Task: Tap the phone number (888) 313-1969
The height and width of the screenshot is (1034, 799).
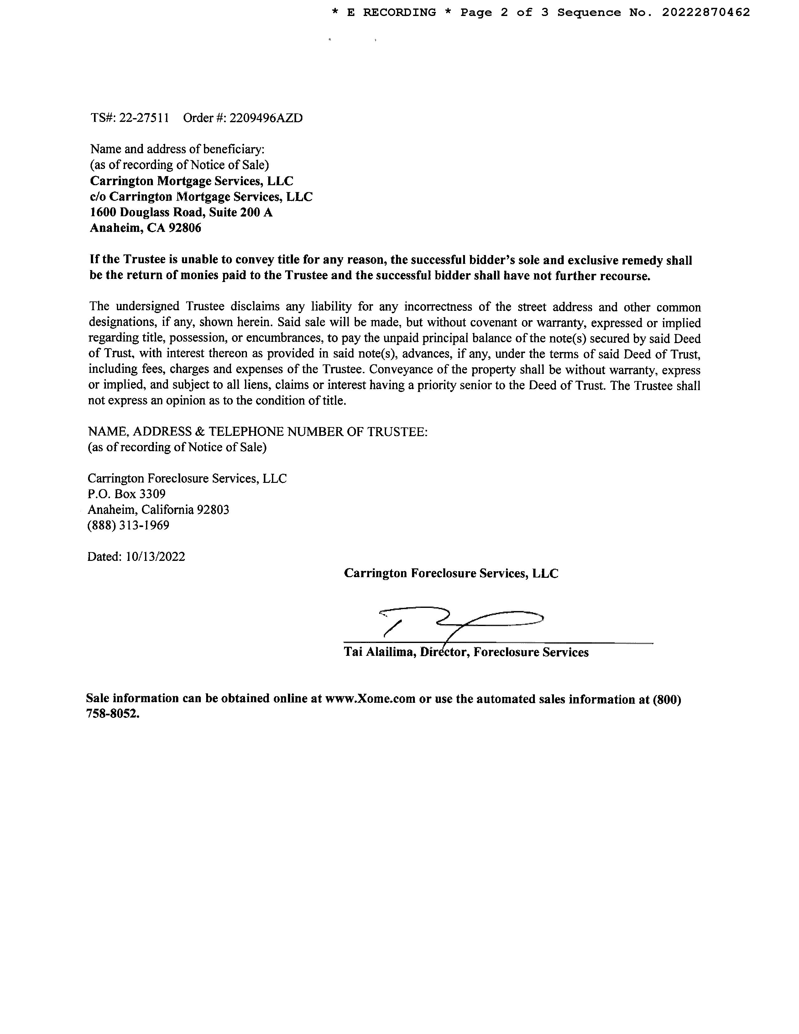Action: pyautogui.click(x=128, y=525)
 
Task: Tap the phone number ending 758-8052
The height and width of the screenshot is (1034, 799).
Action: pyautogui.click(x=113, y=714)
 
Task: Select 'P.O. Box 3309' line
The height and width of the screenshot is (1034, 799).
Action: pyautogui.click(x=126, y=494)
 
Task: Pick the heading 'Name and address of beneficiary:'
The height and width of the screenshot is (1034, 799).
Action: pyautogui.click(x=177, y=149)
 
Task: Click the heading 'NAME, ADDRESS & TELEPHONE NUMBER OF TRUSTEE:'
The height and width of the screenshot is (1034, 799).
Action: pyautogui.click(x=258, y=432)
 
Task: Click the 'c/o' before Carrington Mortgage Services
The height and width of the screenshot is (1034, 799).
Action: pyautogui.click(x=98, y=197)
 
